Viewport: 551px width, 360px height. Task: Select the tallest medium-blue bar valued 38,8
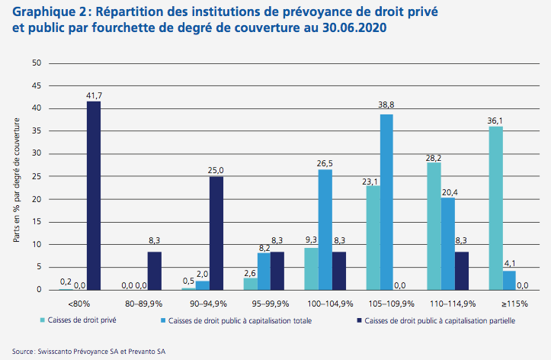(x=386, y=202)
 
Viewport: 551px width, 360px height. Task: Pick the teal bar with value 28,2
(x=434, y=226)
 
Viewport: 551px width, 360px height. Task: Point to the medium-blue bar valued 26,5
(x=325, y=230)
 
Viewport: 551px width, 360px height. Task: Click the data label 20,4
(x=448, y=192)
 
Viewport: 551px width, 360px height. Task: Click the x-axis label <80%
(x=78, y=301)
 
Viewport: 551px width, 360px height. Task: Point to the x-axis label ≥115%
(x=514, y=301)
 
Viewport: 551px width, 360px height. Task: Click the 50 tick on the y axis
(x=36, y=63)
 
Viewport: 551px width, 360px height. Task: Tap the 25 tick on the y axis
(x=36, y=177)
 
